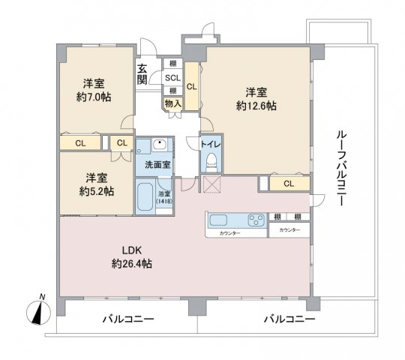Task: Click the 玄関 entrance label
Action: pyautogui.click(x=142, y=76)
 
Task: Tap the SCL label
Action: pyautogui.click(x=173, y=78)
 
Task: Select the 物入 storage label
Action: pyautogui.click(x=172, y=103)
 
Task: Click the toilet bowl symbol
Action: pyautogui.click(x=211, y=160)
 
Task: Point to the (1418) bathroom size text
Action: pyautogui.click(x=163, y=201)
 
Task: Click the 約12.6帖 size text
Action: pyautogui.click(x=256, y=106)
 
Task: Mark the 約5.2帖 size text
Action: pyautogui.click(x=98, y=191)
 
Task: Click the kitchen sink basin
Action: pyautogui.click(x=220, y=220)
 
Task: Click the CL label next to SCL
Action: pyautogui.click(x=191, y=86)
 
